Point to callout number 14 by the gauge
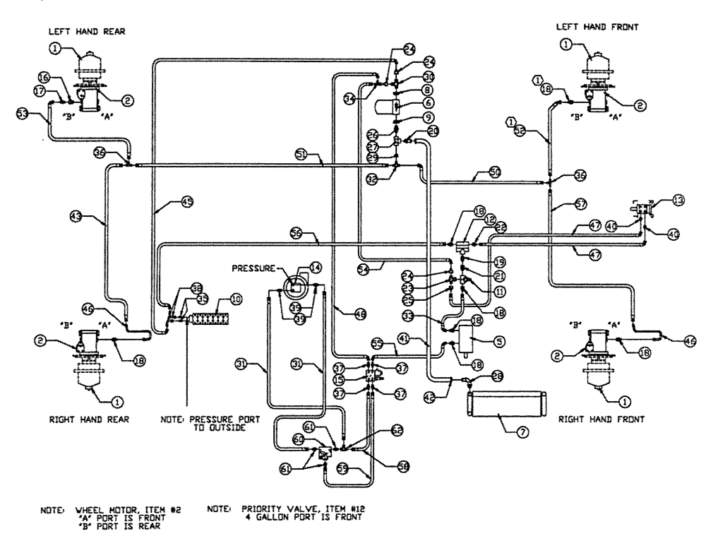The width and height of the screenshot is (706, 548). tap(314, 268)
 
